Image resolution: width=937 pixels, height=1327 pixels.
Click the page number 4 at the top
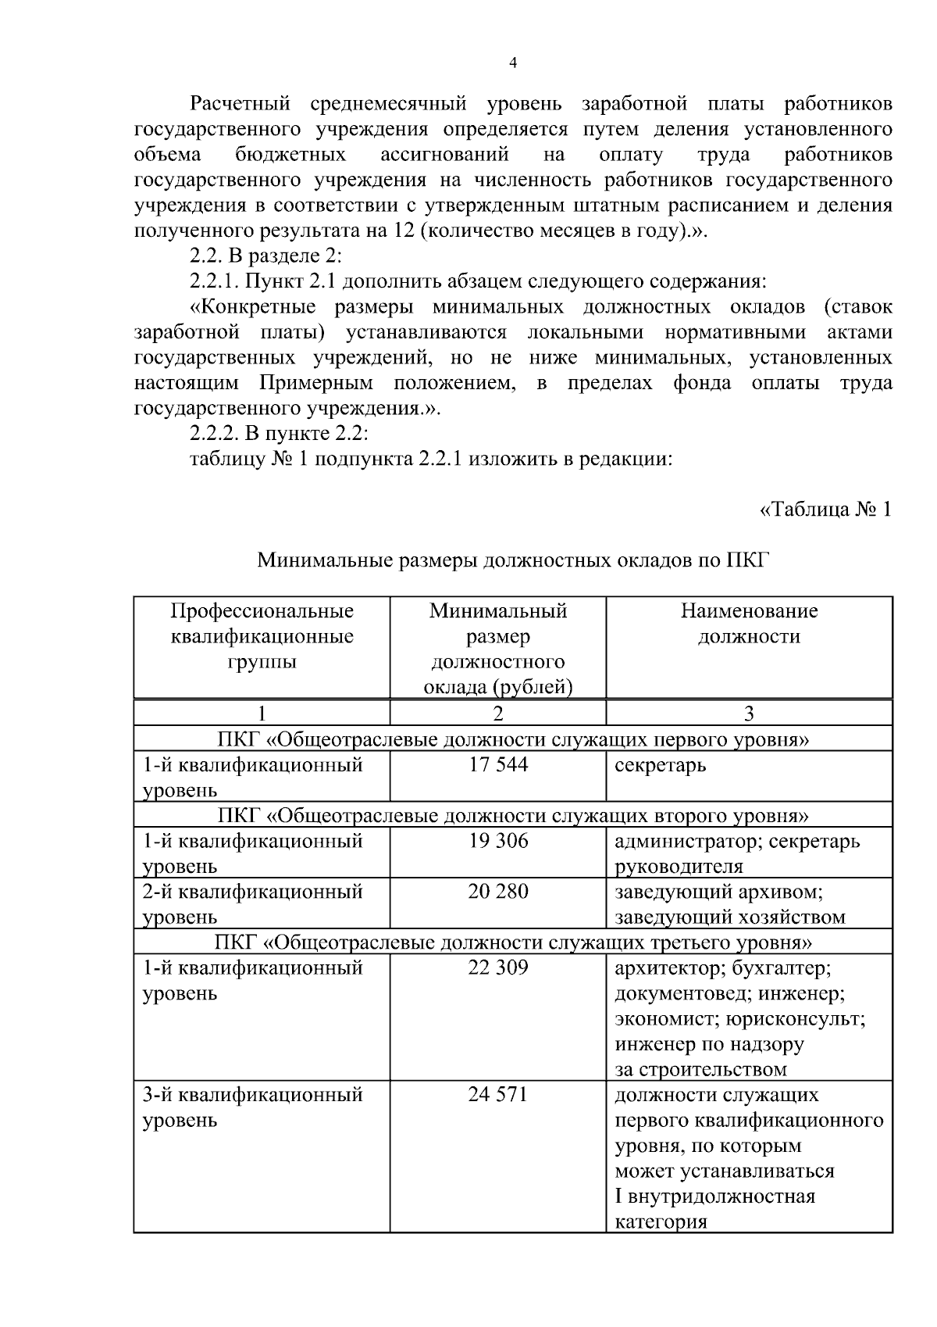tap(513, 64)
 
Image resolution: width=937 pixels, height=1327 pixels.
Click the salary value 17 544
tap(498, 764)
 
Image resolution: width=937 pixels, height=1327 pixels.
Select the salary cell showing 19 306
tap(498, 841)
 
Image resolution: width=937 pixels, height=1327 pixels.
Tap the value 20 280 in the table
tap(498, 891)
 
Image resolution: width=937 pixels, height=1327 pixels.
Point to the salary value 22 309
tap(498, 968)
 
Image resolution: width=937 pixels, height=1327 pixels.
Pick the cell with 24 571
tap(498, 1094)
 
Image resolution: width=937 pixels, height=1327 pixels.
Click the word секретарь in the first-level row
tap(661, 765)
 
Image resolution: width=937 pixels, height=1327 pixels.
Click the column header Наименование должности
tap(749, 623)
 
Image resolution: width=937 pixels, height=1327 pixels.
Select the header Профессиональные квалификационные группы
tap(262, 635)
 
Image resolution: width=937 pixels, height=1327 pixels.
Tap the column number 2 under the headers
tap(498, 713)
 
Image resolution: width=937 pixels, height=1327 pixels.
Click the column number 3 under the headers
tap(749, 713)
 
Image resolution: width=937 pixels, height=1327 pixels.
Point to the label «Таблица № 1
tap(825, 510)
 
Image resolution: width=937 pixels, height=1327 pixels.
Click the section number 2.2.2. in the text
tap(216, 433)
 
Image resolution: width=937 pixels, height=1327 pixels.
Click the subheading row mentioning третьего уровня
tap(513, 942)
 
